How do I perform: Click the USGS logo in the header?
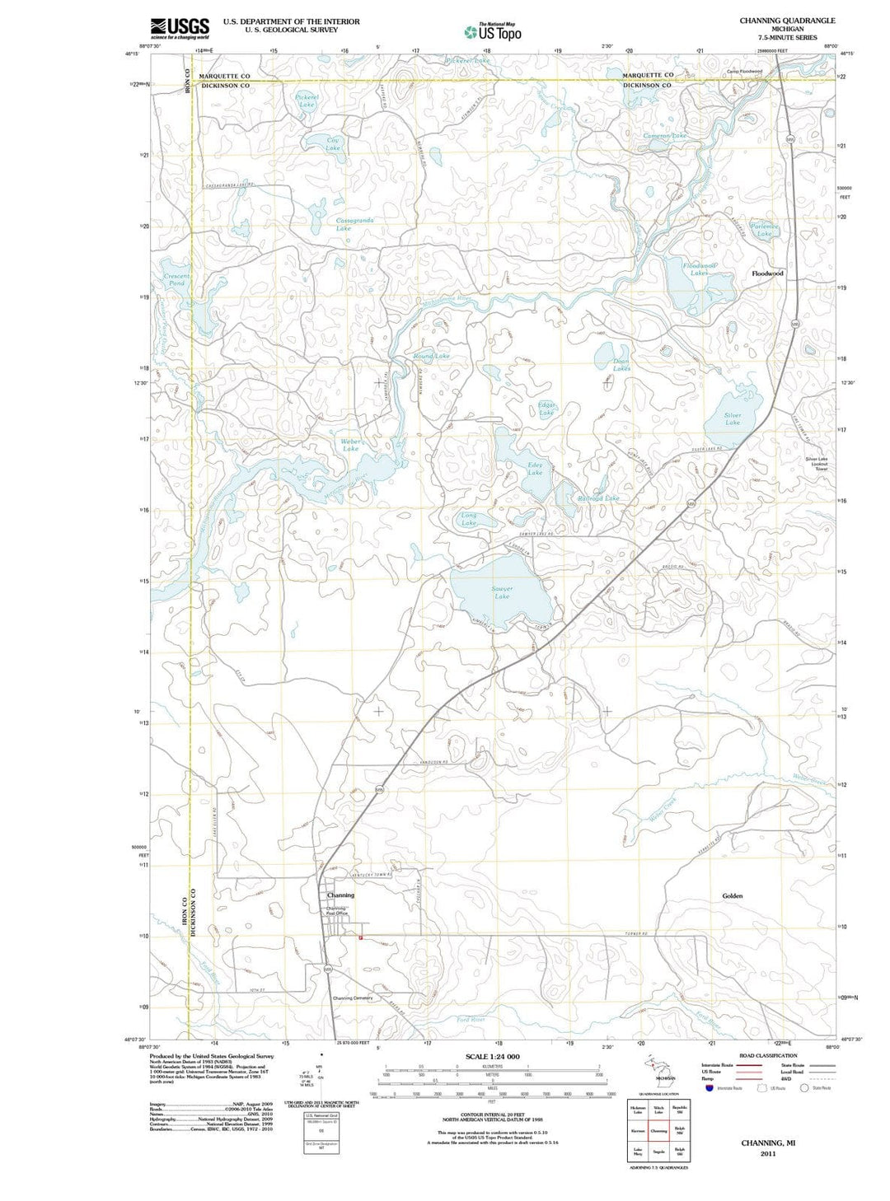[x=180, y=28]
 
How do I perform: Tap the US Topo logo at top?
[x=493, y=31]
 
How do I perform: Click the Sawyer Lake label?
[x=502, y=592]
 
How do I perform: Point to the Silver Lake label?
[x=732, y=419]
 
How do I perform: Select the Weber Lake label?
[x=351, y=445]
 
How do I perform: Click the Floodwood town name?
[x=767, y=273]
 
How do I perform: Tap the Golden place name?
[x=732, y=895]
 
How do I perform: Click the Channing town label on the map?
[x=340, y=895]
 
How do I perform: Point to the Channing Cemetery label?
[x=353, y=998]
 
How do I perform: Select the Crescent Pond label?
[x=177, y=279]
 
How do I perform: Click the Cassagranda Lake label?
[x=355, y=224]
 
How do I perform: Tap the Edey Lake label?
[x=535, y=469]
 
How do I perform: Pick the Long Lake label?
[x=468, y=519]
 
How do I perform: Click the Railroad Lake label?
[x=598, y=498]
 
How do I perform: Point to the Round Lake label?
[x=432, y=356]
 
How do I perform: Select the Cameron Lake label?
[x=664, y=135]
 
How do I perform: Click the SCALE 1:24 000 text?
[x=492, y=1056]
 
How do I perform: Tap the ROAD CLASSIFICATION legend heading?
[x=768, y=1055]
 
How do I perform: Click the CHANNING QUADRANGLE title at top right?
[x=787, y=21]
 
